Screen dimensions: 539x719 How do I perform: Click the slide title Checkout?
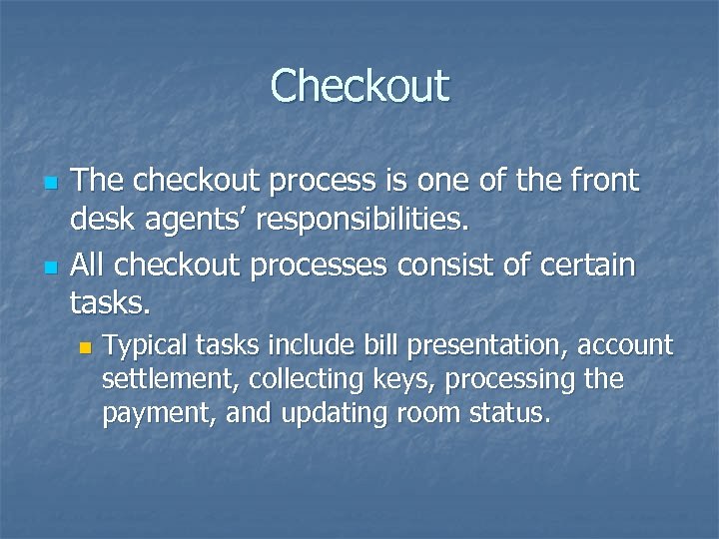pyautogui.click(x=359, y=86)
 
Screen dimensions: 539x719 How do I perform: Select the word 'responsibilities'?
pyautogui.click(x=360, y=217)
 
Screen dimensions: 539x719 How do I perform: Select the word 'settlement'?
pyautogui.click(x=168, y=379)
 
